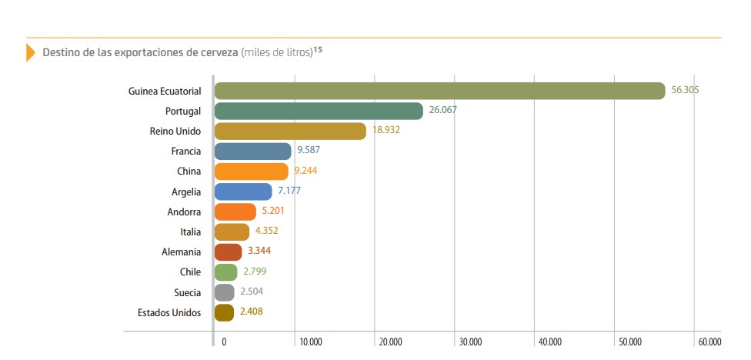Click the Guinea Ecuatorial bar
pos(439,91)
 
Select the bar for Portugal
pos(319,111)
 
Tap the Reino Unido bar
pos(290,131)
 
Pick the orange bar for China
pos(252,172)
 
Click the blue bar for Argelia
pos(243,192)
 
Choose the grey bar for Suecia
pos(225,292)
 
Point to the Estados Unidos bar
pos(224,312)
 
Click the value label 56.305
pos(685,90)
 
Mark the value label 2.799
pos(255,272)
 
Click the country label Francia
pos(186,152)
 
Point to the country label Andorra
pos(184,212)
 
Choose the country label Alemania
pos(181,252)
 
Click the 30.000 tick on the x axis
pos(469,342)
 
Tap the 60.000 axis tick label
pos(709,342)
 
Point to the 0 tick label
pos(224,342)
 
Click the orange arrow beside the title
pos(30,52)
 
